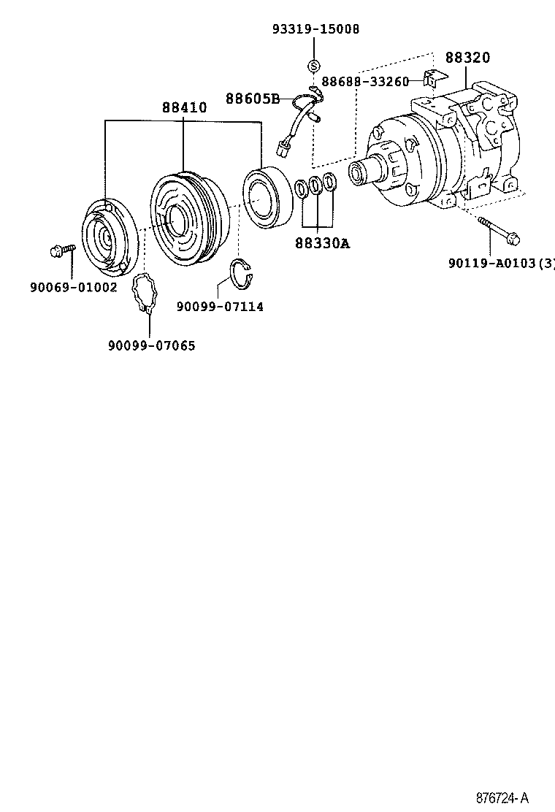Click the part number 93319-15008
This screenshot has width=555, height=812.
coord(315,29)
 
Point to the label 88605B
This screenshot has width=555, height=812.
coord(252,99)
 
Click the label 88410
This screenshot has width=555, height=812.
coord(184,107)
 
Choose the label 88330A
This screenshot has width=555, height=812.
coord(322,243)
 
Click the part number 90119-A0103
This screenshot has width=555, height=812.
coord(497,263)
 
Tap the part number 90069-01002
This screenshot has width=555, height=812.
coord(73,287)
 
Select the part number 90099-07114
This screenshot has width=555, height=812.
coord(220,307)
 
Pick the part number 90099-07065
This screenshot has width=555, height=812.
coord(151,345)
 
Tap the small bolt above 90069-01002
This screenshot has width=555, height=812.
coord(63,250)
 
